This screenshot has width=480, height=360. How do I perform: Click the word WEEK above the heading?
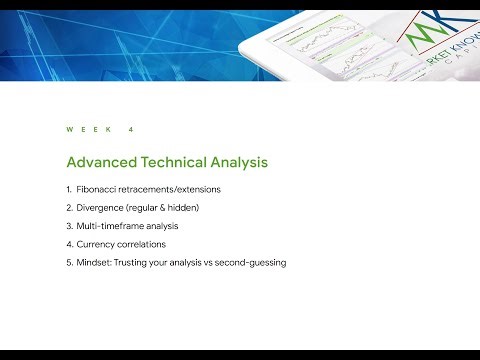coord(85,130)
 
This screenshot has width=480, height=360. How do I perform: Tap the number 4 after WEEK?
coord(131,130)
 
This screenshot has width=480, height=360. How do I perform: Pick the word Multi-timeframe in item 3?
coord(112,225)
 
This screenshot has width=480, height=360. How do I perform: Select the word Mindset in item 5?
coord(98,262)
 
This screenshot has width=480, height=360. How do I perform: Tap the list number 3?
coord(68,225)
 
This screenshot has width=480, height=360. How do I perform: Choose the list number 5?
coord(68,262)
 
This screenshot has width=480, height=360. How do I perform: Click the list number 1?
coord(68,189)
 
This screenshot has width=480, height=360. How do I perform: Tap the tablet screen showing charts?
coord(330,55)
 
